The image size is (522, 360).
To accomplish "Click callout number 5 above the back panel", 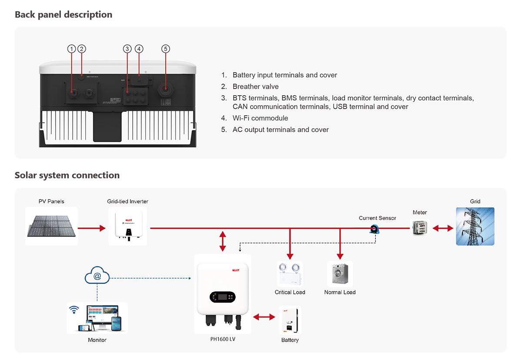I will (x=165, y=49).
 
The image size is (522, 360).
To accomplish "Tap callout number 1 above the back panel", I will (x=72, y=49).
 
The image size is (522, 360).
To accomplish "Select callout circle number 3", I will (x=127, y=49).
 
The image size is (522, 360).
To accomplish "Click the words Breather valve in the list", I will (x=255, y=87).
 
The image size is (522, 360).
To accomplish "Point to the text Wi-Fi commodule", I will (x=260, y=118).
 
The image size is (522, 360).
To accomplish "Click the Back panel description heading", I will (x=64, y=14).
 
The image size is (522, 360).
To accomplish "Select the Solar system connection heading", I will (x=67, y=175).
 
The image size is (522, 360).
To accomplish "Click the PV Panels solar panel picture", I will (x=51, y=226).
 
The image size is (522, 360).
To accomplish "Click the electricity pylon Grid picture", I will (x=475, y=226).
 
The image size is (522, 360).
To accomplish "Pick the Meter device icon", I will (x=420, y=227).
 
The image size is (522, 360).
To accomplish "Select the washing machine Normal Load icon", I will (x=340, y=274).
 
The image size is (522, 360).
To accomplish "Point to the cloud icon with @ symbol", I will (x=97, y=276).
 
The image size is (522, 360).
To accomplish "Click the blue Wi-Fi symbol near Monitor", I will (x=74, y=310).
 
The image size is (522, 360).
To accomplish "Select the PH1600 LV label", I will (x=222, y=339).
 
